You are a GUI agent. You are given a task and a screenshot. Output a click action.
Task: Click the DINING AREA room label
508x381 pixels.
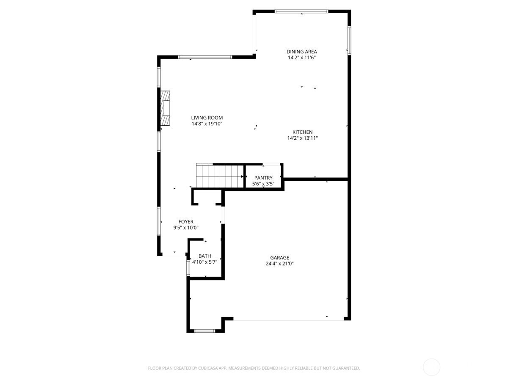click(x=301, y=52)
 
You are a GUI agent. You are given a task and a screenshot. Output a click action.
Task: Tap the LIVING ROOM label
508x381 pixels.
click(x=207, y=118)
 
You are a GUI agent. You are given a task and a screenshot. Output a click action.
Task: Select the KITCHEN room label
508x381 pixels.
click(x=302, y=132)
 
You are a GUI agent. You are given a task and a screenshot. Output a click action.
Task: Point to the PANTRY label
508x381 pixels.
click(x=263, y=178)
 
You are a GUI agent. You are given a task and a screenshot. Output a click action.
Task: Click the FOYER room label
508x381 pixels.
click(x=186, y=221)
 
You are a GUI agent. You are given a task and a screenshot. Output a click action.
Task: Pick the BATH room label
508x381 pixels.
click(x=204, y=256)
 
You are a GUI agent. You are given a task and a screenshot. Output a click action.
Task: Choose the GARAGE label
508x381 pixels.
click(x=280, y=257)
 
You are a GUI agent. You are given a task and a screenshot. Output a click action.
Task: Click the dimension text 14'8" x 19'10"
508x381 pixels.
click(x=207, y=124)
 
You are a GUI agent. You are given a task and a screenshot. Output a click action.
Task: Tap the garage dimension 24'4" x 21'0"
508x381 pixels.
click(x=280, y=263)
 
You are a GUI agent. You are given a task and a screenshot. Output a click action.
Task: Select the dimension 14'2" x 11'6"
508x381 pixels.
click(x=301, y=58)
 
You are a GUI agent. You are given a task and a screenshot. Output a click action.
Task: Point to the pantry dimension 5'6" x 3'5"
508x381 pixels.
click(x=263, y=184)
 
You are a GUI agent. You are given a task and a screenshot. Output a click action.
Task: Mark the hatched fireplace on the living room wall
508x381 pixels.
click(x=165, y=108)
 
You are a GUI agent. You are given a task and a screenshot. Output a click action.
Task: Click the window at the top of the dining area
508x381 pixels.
click(x=301, y=11)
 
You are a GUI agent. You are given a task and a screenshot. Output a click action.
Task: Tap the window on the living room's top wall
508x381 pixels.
click(x=205, y=57)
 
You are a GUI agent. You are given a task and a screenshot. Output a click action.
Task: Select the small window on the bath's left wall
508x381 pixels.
click(x=188, y=268)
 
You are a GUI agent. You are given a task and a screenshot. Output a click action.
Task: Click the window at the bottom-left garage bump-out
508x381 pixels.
click(x=205, y=331)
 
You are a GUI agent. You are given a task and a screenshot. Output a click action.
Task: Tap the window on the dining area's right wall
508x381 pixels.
click(x=349, y=40)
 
